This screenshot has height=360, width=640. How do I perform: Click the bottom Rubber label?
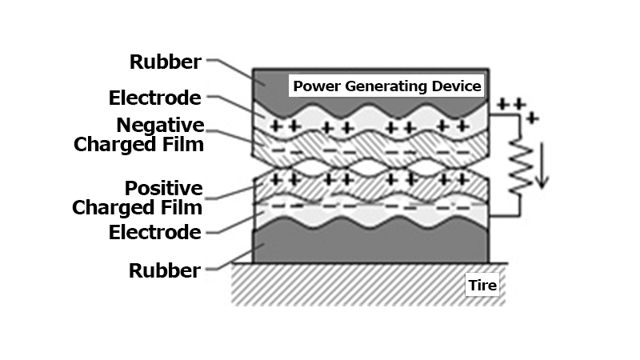tap(165, 270)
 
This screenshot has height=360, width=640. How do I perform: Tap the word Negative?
tap(160, 126)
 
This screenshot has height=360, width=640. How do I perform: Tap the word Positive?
tap(163, 189)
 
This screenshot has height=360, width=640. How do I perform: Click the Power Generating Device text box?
tap(387, 86)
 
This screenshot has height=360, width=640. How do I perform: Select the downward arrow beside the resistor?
tap(542, 164)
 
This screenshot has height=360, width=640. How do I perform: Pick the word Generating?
tap(381, 86)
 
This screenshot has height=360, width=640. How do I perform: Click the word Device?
tap(457, 86)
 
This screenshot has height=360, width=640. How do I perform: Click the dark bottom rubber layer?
tap(368, 245)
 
